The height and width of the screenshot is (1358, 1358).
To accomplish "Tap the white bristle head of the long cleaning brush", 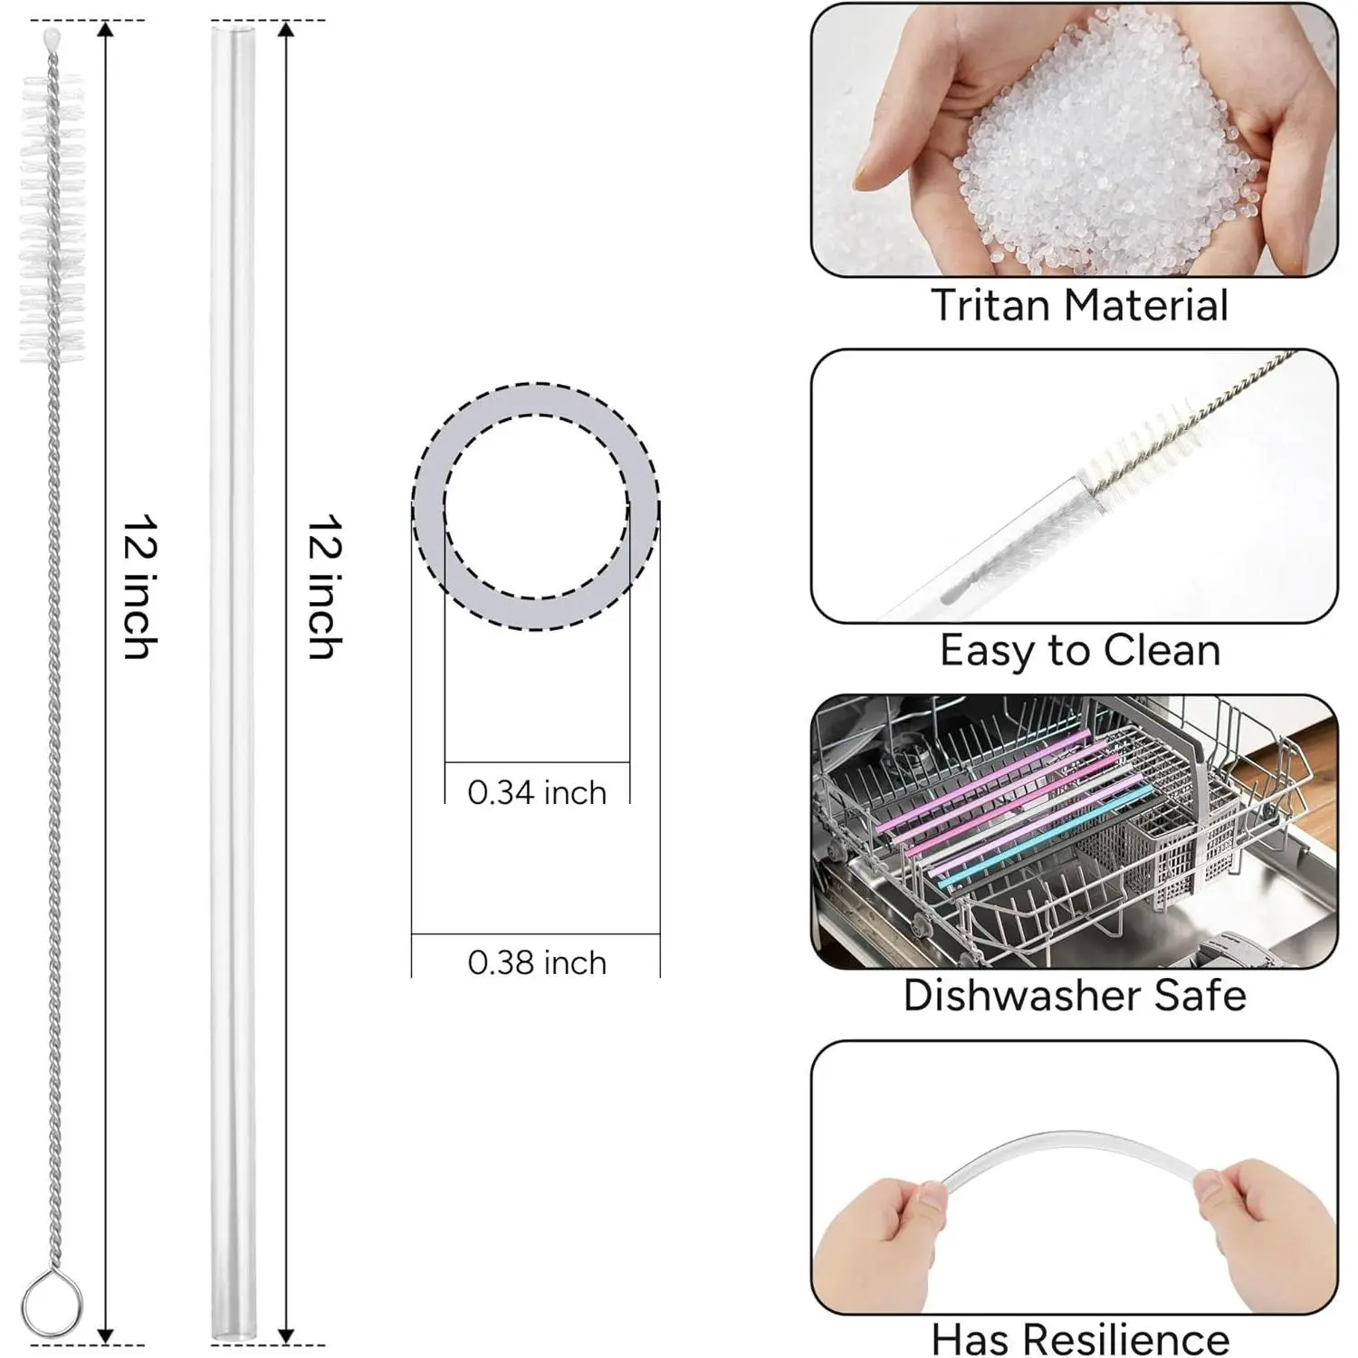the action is click(52, 217).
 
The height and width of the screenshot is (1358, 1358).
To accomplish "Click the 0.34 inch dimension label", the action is click(537, 793).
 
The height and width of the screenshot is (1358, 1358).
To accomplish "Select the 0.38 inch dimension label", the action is click(537, 962).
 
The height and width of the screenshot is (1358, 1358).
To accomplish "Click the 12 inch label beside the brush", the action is click(141, 587).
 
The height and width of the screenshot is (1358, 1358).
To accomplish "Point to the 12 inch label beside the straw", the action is click(324, 587).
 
